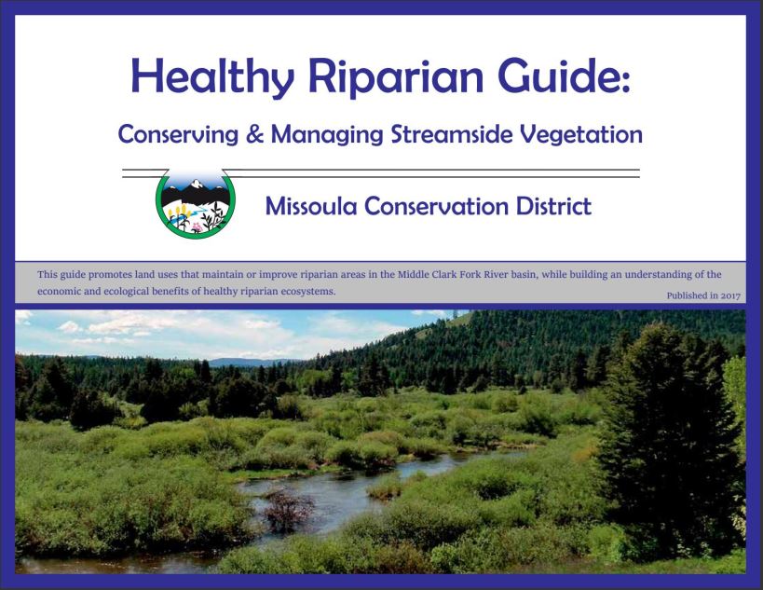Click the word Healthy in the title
pos(212,77)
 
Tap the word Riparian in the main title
pos(396,77)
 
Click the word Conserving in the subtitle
pos(178,134)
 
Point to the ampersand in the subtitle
pos(254,134)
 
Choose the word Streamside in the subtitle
pos(452,134)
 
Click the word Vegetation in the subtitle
pos(581,135)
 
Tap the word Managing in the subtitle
pos(327,135)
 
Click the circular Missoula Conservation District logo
pos(196,203)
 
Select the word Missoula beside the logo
pos(311,206)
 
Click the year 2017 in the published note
pos(730,295)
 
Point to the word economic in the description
pos(54,292)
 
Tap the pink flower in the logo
pos(197,227)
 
